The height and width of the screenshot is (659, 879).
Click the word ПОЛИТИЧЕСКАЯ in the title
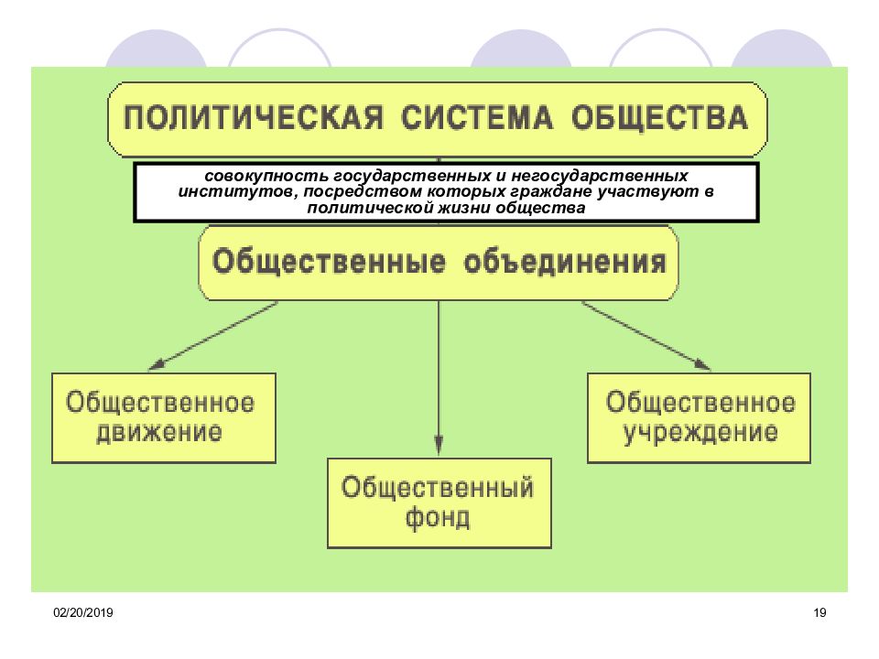click(254, 118)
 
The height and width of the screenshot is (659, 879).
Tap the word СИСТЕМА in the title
click(476, 118)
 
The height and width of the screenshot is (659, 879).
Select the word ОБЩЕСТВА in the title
click(660, 118)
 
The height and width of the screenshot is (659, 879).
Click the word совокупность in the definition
click(266, 176)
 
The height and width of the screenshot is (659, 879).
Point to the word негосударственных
click(599, 176)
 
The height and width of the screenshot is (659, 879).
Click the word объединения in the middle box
click(565, 263)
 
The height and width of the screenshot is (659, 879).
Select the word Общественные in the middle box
click(329, 263)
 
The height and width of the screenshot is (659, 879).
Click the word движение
click(159, 432)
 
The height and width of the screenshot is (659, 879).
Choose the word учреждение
click(700, 432)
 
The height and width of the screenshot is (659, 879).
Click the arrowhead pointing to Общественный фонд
click(439, 445)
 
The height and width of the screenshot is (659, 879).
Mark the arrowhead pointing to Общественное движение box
click(157, 363)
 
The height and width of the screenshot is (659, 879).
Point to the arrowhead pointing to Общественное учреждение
click(702, 363)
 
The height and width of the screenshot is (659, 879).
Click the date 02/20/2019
click(83, 612)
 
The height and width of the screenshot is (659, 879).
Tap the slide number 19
click(819, 612)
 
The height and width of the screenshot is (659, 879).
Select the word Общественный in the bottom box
click(438, 488)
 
